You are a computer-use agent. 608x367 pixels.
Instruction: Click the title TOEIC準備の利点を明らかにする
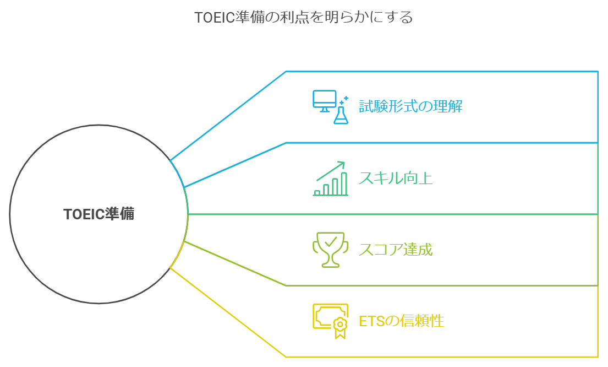click(304, 17)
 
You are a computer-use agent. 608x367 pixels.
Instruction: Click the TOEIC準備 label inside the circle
click(99, 214)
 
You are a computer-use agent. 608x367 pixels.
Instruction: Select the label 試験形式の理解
click(410, 106)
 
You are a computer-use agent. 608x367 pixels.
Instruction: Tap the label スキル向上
click(396, 178)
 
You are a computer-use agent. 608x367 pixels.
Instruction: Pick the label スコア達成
click(396, 249)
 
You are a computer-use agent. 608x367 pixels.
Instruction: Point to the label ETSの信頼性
click(401, 321)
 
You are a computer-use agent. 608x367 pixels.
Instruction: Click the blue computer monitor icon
click(325, 101)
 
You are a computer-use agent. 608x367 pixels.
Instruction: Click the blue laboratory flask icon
click(341, 115)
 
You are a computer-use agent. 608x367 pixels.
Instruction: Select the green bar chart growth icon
click(331, 179)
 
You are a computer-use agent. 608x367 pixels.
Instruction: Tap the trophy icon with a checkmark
click(330, 250)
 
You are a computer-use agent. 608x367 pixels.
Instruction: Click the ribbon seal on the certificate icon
click(340, 328)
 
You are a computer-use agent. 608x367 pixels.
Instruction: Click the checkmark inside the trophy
click(330, 242)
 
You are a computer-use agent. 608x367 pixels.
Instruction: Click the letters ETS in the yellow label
click(373, 321)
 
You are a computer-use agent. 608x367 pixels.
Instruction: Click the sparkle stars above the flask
click(343, 100)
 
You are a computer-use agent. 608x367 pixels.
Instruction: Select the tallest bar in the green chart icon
click(344, 183)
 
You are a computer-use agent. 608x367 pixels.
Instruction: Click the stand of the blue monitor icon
click(325, 110)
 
